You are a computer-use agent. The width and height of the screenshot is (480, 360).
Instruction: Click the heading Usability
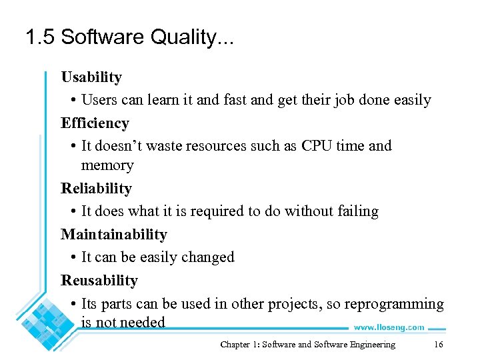click(x=91, y=77)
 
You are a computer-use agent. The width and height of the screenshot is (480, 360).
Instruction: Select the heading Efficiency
click(x=95, y=123)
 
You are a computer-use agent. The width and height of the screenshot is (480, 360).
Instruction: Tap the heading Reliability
click(x=96, y=189)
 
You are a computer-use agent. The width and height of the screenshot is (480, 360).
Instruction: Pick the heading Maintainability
click(x=114, y=235)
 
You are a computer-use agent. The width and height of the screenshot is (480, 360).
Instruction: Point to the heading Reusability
click(x=99, y=281)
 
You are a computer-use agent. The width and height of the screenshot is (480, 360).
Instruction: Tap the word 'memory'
click(x=107, y=165)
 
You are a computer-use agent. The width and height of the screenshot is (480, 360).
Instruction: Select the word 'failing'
click(x=358, y=211)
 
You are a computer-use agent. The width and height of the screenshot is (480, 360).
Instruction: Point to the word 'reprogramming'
click(x=394, y=304)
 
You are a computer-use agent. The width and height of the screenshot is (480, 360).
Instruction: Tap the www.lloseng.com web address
click(x=389, y=327)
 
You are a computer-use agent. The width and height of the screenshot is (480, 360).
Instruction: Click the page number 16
click(x=438, y=345)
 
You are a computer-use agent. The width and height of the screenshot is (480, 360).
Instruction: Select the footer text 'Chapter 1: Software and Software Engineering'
click(x=307, y=345)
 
